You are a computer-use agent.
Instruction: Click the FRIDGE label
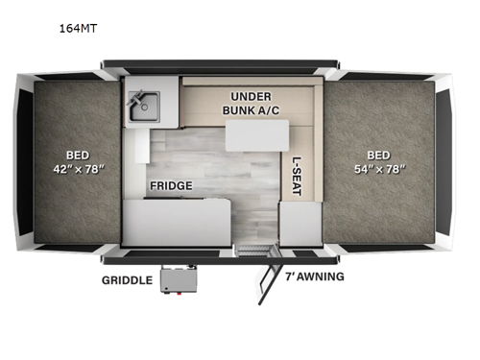[x=171, y=185]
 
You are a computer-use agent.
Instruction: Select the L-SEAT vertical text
[x=296, y=176]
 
